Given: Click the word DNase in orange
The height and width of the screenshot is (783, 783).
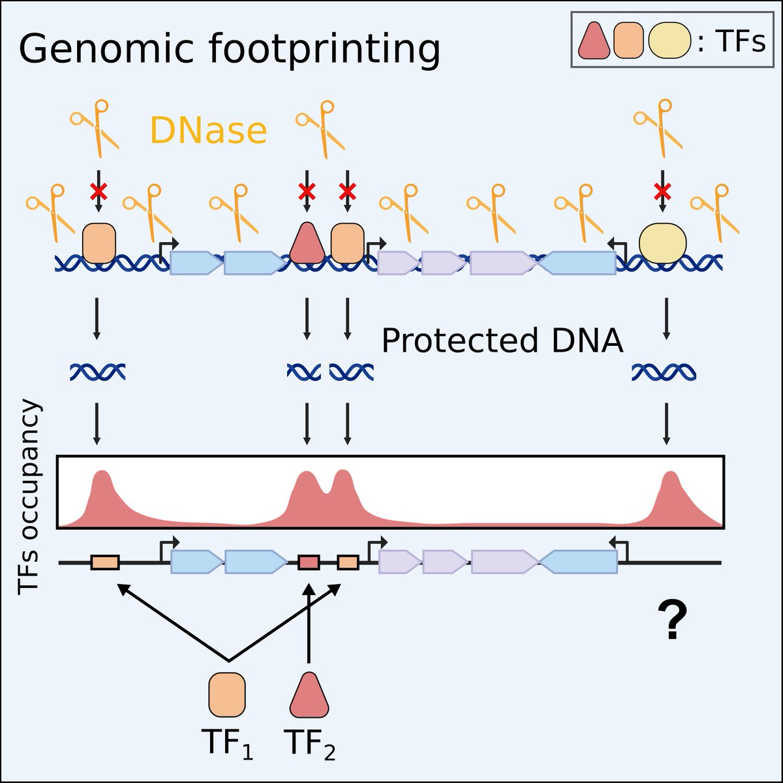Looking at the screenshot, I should point(209,130).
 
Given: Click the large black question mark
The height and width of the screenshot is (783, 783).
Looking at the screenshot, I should point(672,621).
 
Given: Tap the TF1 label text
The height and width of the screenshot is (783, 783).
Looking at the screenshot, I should point(226,744).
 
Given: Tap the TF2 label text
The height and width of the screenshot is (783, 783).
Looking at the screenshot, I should point(309,744).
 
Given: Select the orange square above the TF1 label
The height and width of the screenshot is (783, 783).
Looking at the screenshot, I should point(226,695).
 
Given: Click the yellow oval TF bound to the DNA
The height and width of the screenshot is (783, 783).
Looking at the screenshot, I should point(663,243).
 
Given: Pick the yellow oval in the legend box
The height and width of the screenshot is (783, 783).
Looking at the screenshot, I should point(669,41).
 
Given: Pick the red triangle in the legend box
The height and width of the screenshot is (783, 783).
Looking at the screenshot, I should point(594,41).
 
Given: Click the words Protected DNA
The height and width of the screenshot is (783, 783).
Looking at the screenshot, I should point(502,341).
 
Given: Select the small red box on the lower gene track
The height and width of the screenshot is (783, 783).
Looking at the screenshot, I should point(309,562).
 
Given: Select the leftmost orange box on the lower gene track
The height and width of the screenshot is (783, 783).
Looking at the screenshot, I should point(105,562).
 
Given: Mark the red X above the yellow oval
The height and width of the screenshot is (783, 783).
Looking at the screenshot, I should point(663,191).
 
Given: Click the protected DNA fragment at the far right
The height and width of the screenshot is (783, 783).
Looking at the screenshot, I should point(664,373).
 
